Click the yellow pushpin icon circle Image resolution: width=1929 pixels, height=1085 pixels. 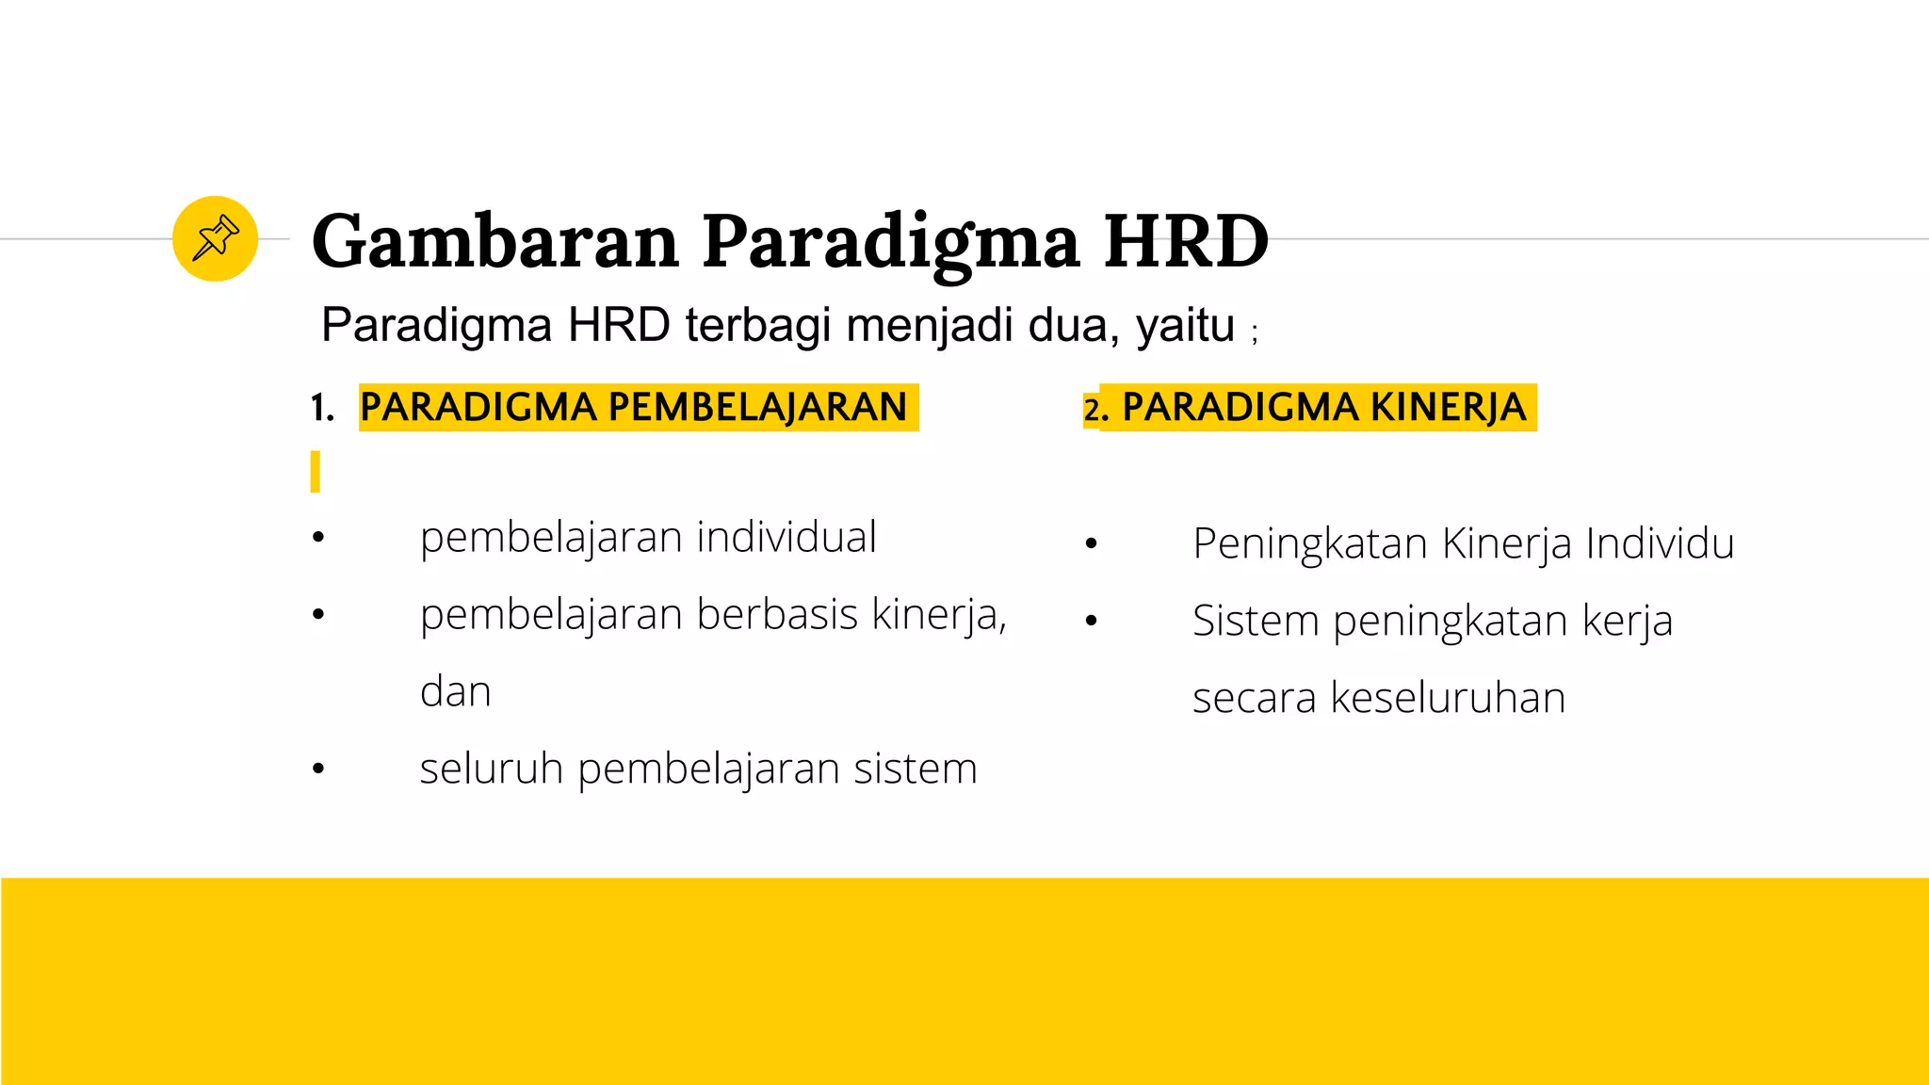point(215,238)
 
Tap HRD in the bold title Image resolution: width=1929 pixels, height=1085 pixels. point(1186,241)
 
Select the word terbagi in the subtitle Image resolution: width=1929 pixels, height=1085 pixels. point(758,326)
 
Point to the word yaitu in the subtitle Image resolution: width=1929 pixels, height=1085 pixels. point(1185,326)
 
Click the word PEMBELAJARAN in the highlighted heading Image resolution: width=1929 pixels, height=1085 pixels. point(757,407)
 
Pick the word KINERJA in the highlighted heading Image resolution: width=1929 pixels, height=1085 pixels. point(1448,407)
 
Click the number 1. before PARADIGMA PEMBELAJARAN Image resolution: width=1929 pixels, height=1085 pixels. point(322,408)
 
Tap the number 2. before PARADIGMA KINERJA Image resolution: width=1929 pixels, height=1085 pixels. point(1095,410)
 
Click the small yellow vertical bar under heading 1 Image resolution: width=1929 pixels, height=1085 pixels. point(316,471)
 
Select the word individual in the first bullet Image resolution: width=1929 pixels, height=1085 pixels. point(786,537)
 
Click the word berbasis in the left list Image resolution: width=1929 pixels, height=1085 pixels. point(777,614)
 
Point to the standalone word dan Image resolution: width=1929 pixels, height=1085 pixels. point(455,692)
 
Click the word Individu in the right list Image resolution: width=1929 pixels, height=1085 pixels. point(1660,543)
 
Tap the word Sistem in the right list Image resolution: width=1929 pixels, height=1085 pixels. point(1256,621)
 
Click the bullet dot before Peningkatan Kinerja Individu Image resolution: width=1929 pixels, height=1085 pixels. point(1091,543)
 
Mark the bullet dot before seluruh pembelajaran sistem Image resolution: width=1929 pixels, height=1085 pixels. point(318,769)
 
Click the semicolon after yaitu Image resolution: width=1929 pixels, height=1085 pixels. point(1255,332)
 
